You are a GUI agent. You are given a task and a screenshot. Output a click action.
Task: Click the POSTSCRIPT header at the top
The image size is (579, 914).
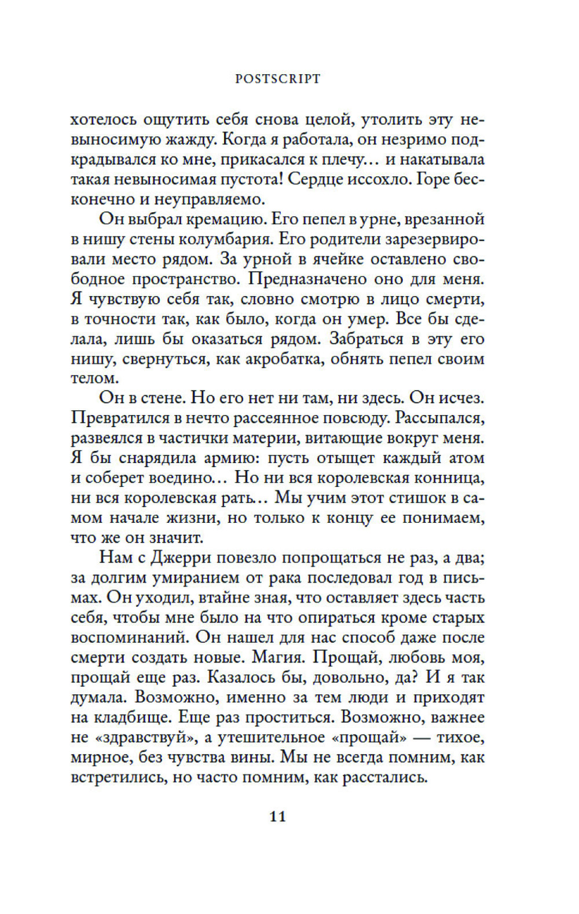tap(277, 79)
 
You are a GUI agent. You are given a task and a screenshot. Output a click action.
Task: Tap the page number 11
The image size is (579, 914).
tap(278, 816)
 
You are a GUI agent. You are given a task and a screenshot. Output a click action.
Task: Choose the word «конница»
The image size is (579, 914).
tap(447, 478)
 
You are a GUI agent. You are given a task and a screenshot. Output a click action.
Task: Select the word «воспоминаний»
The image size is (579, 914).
tap(128, 638)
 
